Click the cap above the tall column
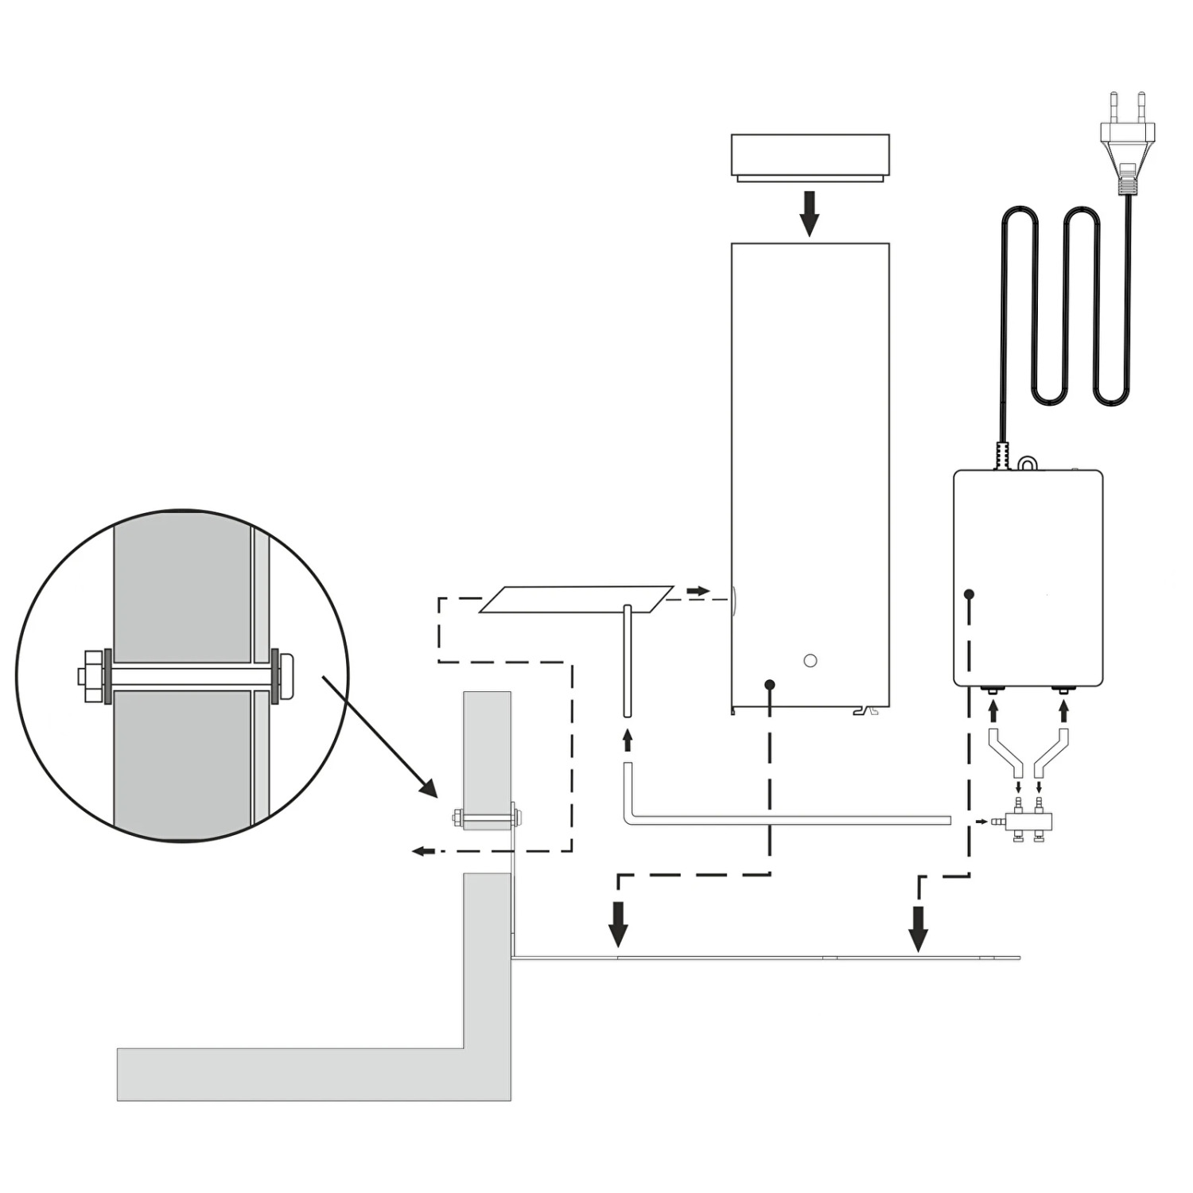tap(810, 156)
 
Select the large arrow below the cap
tap(809, 212)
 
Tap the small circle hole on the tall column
tap(810, 660)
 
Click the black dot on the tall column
tap(769, 685)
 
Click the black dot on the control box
tap(969, 594)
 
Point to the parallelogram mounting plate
tap(576, 600)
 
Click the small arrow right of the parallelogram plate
tap(698, 591)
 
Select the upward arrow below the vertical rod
tap(628, 740)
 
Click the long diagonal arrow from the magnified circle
tap(379, 736)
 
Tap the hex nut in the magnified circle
tap(93, 676)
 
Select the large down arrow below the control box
tap(919, 928)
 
